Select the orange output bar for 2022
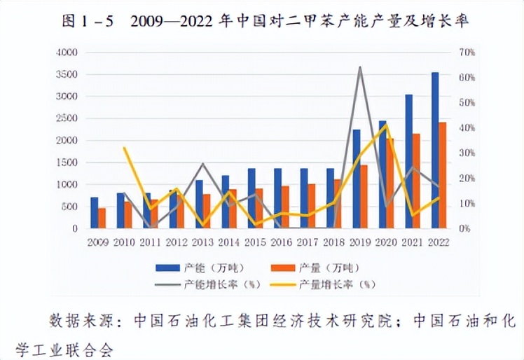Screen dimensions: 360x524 (443, 175)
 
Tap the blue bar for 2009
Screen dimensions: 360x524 (95, 213)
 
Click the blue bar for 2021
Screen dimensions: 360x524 (409, 161)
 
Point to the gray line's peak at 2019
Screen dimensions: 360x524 (360, 67)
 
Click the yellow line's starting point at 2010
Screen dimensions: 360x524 (125, 148)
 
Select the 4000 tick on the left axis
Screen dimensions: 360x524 (67, 52)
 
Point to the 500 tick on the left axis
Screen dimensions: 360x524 (69, 207)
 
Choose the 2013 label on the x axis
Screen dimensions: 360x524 (202, 242)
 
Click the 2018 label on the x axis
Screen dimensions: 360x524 (333, 242)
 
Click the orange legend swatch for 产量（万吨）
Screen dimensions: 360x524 (284, 267)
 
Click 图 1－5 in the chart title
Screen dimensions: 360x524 (88, 20)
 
